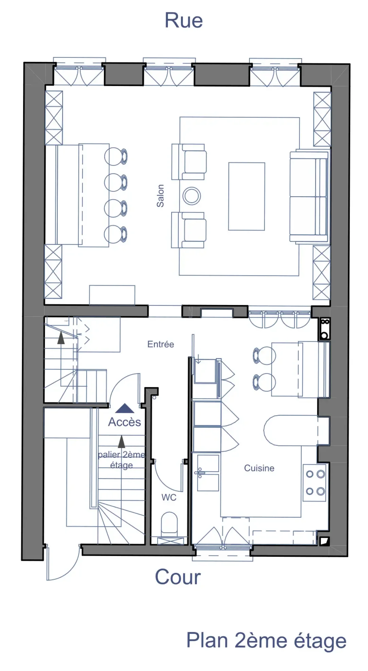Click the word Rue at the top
click(x=184, y=20)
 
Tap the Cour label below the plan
click(x=178, y=577)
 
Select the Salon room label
click(x=160, y=196)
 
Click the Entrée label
click(x=161, y=344)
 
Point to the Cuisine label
click(x=259, y=468)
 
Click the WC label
click(x=169, y=498)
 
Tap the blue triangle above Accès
click(x=125, y=408)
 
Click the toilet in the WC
click(x=169, y=523)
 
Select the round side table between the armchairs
click(x=192, y=196)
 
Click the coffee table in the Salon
click(x=247, y=197)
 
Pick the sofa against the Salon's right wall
click(x=309, y=197)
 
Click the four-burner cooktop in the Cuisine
click(x=315, y=483)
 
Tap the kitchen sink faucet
click(x=200, y=473)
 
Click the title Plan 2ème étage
click(x=266, y=641)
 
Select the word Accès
click(x=124, y=422)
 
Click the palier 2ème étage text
click(x=122, y=460)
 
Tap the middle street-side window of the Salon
click(x=169, y=72)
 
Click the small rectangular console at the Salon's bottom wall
click(x=112, y=295)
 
